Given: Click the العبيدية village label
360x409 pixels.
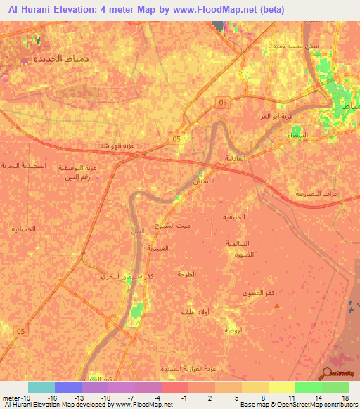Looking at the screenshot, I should click(159, 248).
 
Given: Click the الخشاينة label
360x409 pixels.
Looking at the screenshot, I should click(25, 229).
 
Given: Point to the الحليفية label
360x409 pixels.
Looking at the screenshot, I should click(233, 216).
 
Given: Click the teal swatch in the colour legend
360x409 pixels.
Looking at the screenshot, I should click(41, 387).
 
